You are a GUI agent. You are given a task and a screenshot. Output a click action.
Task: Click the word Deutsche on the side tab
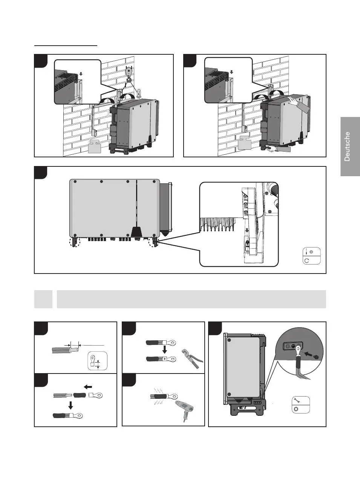coord(347,146)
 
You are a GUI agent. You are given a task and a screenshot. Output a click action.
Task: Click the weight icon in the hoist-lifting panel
coord(95,146)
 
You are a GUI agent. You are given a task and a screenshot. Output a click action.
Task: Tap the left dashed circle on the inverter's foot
coord(75,242)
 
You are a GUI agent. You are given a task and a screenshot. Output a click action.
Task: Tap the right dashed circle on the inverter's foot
coord(154,242)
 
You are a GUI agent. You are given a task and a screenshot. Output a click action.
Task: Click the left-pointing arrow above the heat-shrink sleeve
coord(88,387)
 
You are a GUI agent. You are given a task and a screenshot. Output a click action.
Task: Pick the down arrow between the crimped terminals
coord(164,350)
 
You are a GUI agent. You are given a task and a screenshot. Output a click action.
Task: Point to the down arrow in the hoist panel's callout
coord(81,74)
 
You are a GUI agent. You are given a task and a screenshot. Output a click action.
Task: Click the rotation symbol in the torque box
coord(307,260)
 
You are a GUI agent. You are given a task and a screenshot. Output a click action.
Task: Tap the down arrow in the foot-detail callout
coord(247,230)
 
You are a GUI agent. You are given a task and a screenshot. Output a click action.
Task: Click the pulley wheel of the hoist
coord(129,71)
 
